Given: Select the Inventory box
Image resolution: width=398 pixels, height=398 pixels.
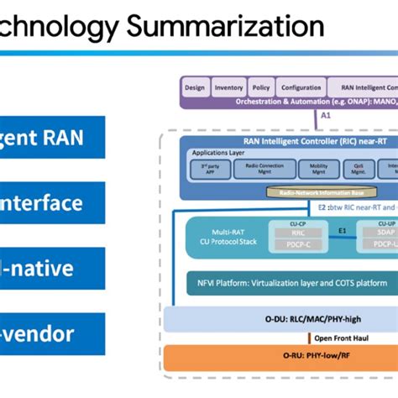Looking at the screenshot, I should [229, 87].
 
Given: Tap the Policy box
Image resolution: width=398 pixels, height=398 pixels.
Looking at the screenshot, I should [260, 87].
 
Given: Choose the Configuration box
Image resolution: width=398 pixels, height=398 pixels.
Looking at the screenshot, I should [300, 87].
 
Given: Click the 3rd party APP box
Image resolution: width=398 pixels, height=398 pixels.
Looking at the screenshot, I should [204, 168].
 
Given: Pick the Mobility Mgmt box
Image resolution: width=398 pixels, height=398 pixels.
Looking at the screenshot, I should [319, 168].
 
